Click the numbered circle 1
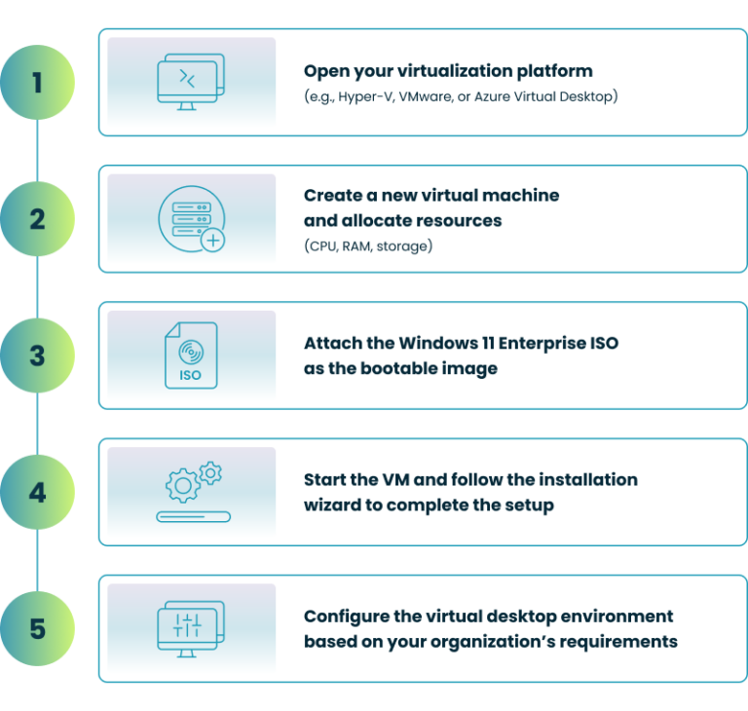point(37,82)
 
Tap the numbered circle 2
point(37,218)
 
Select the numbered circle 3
point(37,355)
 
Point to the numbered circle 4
point(37,492)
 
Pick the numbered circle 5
point(37,628)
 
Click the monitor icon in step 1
point(191,82)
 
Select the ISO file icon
point(191,355)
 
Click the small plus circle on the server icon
point(211,240)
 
